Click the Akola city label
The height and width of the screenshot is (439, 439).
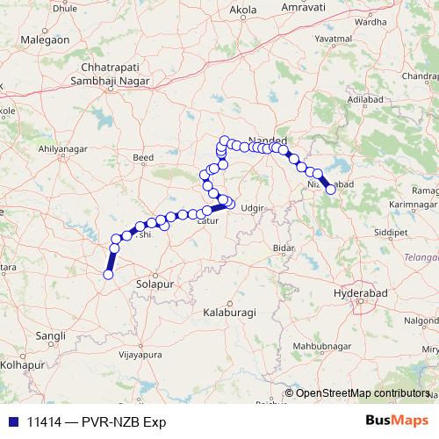pyautogui.click(x=242, y=10)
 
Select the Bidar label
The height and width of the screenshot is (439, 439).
pyautogui.click(x=283, y=248)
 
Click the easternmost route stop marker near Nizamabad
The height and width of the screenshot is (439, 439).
pyautogui.click(x=330, y=189)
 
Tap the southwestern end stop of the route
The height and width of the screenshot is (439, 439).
pyautogui.click(x=108, y=275)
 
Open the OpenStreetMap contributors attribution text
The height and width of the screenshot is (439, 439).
pyautogui.click(x=363, y=392)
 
